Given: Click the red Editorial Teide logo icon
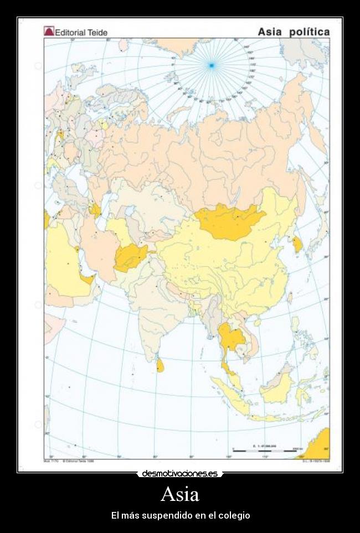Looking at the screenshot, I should (49, 32).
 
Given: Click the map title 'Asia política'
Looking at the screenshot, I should (294, 32).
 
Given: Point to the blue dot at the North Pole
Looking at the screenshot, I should (211, 66).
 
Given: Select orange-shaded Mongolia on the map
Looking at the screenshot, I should (230, 221).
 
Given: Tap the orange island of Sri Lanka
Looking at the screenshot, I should (160, 365).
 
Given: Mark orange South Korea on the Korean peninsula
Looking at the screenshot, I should (298, 244).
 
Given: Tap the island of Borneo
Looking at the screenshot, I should (277, 385).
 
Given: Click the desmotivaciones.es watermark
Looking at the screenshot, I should (179, 474).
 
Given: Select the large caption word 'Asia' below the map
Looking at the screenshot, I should (180, 493).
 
